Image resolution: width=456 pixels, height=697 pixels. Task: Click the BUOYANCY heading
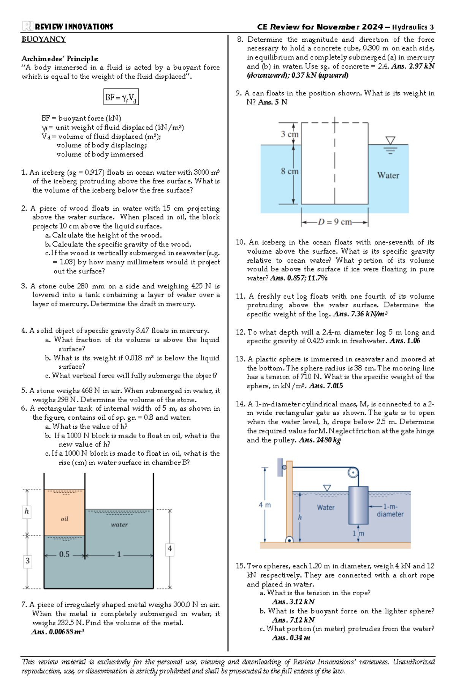[43, 40]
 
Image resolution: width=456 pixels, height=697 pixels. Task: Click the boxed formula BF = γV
[121, 97]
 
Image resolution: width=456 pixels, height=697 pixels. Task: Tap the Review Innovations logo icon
[27, 26]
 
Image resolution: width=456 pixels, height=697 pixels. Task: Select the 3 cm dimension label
[290, 134]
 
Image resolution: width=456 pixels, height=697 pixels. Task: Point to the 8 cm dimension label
[290, 171]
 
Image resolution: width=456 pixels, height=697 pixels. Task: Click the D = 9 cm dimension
[335, 222]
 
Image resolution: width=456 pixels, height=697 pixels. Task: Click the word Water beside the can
[388, 175]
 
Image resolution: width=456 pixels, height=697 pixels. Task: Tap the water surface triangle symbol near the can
[390, 141]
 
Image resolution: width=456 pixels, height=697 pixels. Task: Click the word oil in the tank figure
[65, 519]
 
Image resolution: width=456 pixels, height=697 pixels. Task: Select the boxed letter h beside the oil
[27, 511]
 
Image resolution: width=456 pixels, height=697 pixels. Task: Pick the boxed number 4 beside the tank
[169, 548]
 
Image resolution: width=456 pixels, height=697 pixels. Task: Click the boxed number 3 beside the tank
[27, 561]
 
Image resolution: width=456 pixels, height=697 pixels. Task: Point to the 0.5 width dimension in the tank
[64, 554]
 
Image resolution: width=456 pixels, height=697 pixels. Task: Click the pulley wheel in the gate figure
[353, 473]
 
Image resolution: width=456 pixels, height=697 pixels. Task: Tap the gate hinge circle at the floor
[289, 540]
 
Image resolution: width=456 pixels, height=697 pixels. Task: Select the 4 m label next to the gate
[265, 505]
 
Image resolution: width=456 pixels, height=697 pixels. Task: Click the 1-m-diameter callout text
[390, 511]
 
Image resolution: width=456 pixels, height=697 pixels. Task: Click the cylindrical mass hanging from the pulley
[358, 505]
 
